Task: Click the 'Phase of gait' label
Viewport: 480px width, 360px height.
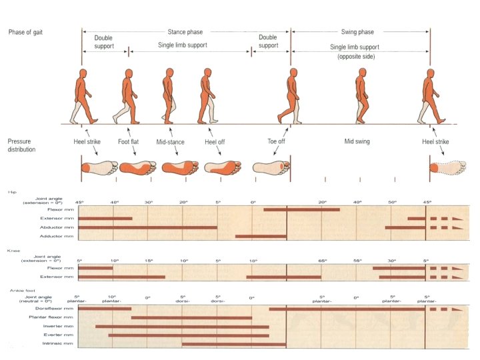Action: [26, 33]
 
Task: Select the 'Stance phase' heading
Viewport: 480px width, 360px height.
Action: [185, 31]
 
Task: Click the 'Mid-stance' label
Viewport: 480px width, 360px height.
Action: [171, 142]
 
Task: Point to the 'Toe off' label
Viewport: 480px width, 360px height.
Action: [277, 142]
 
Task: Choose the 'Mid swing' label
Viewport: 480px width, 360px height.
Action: [357, 142]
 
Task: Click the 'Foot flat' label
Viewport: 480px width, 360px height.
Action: [129, 142]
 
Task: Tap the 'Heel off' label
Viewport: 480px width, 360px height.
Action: [215, 142]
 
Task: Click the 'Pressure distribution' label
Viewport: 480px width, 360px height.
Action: [24, 147]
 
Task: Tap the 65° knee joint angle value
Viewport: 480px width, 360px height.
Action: [321, 261]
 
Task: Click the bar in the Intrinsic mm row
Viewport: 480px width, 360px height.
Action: [234, 345]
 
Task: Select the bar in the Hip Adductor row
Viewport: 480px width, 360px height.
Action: [261, 236]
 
